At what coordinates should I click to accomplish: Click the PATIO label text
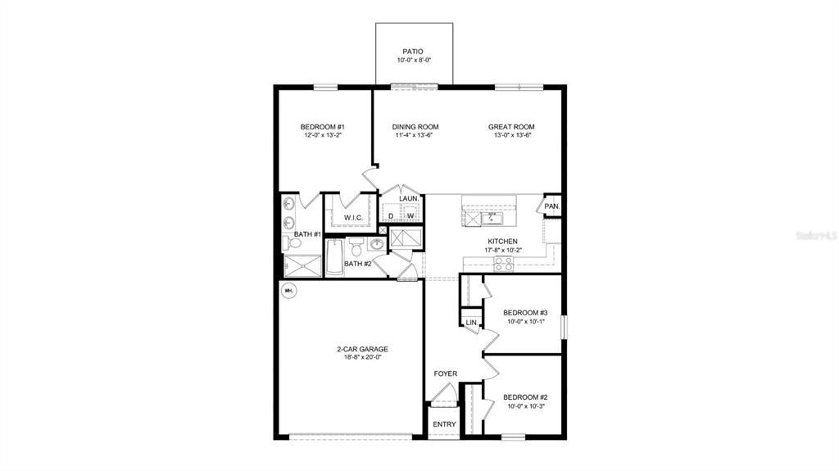click(413, 51)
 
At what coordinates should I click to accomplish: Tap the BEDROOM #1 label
click(322, 126)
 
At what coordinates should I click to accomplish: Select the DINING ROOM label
click(415, 126)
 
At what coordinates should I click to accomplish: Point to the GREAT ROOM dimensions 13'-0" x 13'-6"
click(512, 135)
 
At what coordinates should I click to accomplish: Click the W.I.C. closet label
click(353, 217)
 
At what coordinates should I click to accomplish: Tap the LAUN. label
click(408, 198)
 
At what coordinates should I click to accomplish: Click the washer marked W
click(410, 215)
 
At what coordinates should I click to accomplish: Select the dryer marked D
click(391, 215)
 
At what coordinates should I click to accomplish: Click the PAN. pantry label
click(551, 206)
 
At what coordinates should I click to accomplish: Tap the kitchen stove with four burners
click(503, 263)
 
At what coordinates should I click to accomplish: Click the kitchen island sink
click(492, 219)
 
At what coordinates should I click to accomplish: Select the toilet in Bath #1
click(294, 242)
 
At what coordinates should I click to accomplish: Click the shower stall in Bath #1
click(302, 265)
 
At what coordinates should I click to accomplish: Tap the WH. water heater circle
click(288, 290)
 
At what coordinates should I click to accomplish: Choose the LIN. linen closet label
click(471, 323)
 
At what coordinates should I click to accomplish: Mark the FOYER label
click(446, 374)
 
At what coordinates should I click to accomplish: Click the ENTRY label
click(444, 423)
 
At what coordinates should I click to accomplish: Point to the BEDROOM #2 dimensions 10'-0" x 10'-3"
click(524, 406)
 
